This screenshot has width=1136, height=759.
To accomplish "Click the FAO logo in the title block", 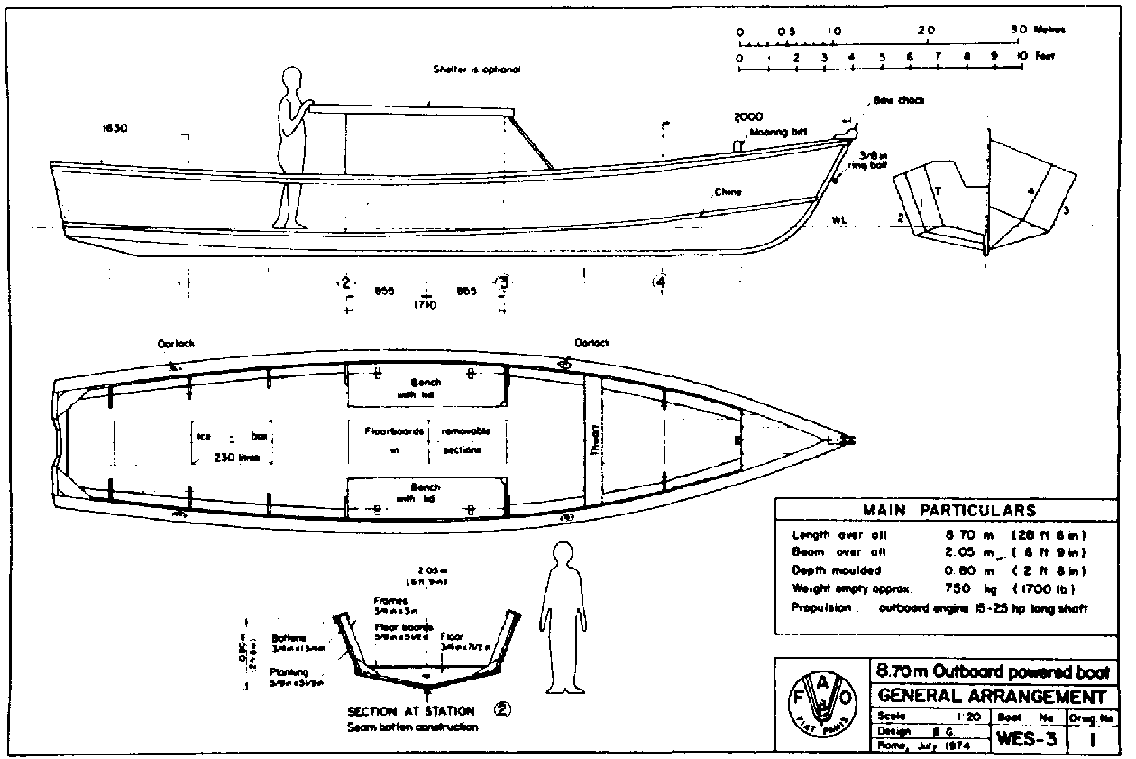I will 820,703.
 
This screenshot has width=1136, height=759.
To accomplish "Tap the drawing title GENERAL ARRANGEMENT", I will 991,697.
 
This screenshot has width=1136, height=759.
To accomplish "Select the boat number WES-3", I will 1027,738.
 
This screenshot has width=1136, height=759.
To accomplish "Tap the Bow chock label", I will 898,100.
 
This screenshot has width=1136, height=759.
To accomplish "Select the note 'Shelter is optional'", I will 477,69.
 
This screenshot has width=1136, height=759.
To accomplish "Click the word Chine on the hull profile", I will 728,192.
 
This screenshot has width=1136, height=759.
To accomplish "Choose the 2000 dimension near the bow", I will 748,116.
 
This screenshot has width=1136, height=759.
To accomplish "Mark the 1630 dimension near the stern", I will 115,129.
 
